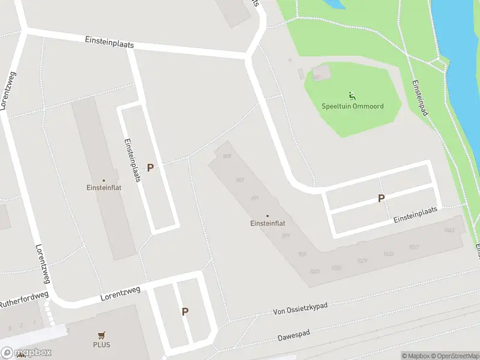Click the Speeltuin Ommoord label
352,106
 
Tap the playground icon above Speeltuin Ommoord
352,95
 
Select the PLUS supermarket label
101,345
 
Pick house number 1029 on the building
362,260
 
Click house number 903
302,254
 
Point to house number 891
254,199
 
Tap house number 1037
413,247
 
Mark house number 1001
314,271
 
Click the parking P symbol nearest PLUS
185,311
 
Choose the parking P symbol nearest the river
381,198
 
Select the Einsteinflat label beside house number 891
267,223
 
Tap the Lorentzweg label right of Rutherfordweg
121,293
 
